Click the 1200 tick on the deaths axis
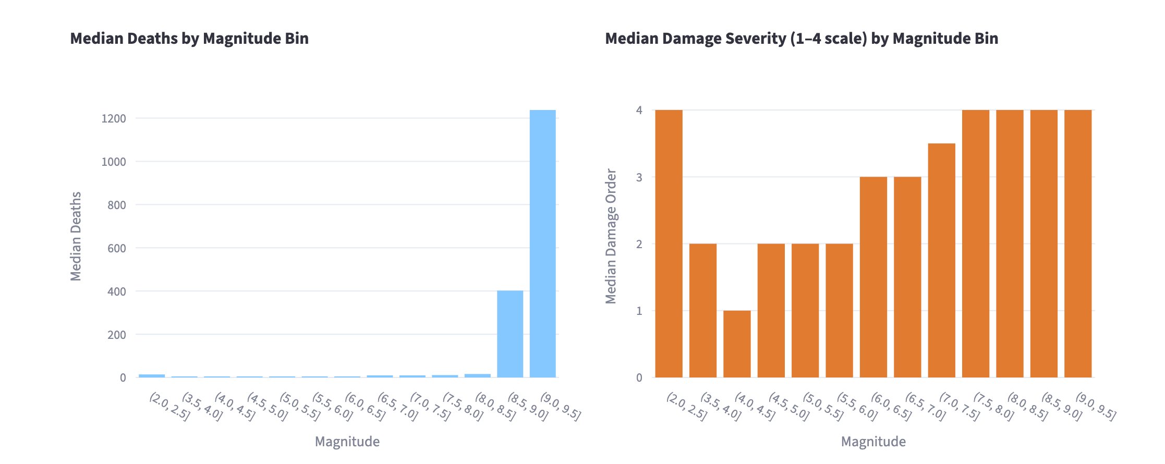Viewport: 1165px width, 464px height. point(113,119)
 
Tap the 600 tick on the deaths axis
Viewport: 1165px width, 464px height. point(116,249)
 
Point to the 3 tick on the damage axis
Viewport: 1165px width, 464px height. point(639,177)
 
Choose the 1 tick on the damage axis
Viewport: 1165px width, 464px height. point(639,311)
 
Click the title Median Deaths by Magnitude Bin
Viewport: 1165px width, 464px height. point(189,39)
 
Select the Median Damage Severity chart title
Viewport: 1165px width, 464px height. point(802,39)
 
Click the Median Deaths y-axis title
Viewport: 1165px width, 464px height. point(76,236)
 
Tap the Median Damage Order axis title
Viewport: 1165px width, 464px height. point(611,236)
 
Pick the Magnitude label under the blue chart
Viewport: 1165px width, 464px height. point(347,442)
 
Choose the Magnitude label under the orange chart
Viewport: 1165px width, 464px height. point(873,442)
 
